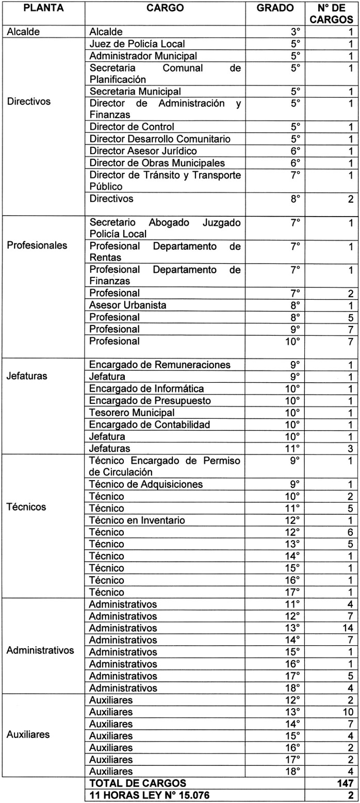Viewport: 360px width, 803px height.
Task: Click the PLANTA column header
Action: (42, 8)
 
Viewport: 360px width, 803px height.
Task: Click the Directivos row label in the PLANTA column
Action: (29, 101)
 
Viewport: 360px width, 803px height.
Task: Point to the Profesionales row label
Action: (37, 245)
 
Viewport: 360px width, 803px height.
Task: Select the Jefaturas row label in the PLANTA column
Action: (27, 376)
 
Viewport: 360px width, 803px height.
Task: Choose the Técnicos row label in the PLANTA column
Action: (26, 507)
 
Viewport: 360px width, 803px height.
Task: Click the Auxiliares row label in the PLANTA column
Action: (28, 734)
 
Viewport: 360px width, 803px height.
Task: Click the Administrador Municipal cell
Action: (143, 56)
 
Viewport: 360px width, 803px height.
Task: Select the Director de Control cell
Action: (132, 127)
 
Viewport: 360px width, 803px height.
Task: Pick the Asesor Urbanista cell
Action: (128, 305)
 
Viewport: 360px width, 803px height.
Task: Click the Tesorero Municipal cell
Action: (132, 413)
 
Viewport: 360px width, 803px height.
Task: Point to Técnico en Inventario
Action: (137, 520)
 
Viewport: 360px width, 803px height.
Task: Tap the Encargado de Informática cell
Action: (147, 389)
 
